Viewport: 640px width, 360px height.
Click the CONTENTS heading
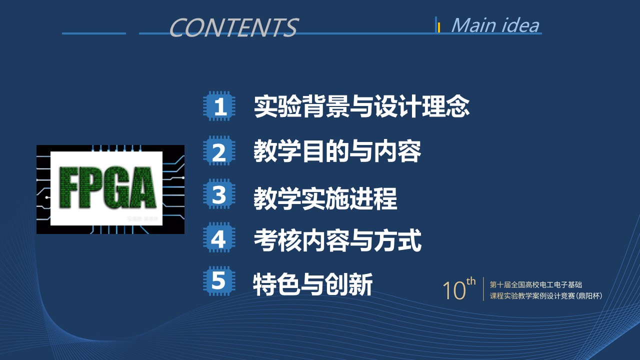(233, 27)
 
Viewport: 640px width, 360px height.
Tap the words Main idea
(495, 25)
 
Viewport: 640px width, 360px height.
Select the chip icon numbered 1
(219, 106)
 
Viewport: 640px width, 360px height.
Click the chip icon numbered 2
(219, 150)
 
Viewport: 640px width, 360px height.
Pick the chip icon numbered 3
(219, 194)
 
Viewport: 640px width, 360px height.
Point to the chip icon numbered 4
(219, 237)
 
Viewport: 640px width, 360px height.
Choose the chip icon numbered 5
(219, 281)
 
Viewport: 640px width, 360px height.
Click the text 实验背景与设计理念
(361, 106)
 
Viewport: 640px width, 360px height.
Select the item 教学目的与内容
(337, 151)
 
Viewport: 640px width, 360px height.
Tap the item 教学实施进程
(325, 198)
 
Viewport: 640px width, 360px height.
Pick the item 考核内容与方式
(337, 240)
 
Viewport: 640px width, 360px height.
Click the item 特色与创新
(312, 284)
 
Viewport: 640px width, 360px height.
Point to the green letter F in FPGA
(68, 187)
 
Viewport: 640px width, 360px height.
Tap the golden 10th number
(459, 288)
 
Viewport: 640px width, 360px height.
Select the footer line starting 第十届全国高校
(535, 284)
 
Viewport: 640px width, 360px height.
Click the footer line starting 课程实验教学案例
(546, 295)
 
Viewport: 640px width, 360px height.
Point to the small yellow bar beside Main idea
(439, 28)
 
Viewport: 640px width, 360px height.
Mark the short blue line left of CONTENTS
(94, 33)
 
